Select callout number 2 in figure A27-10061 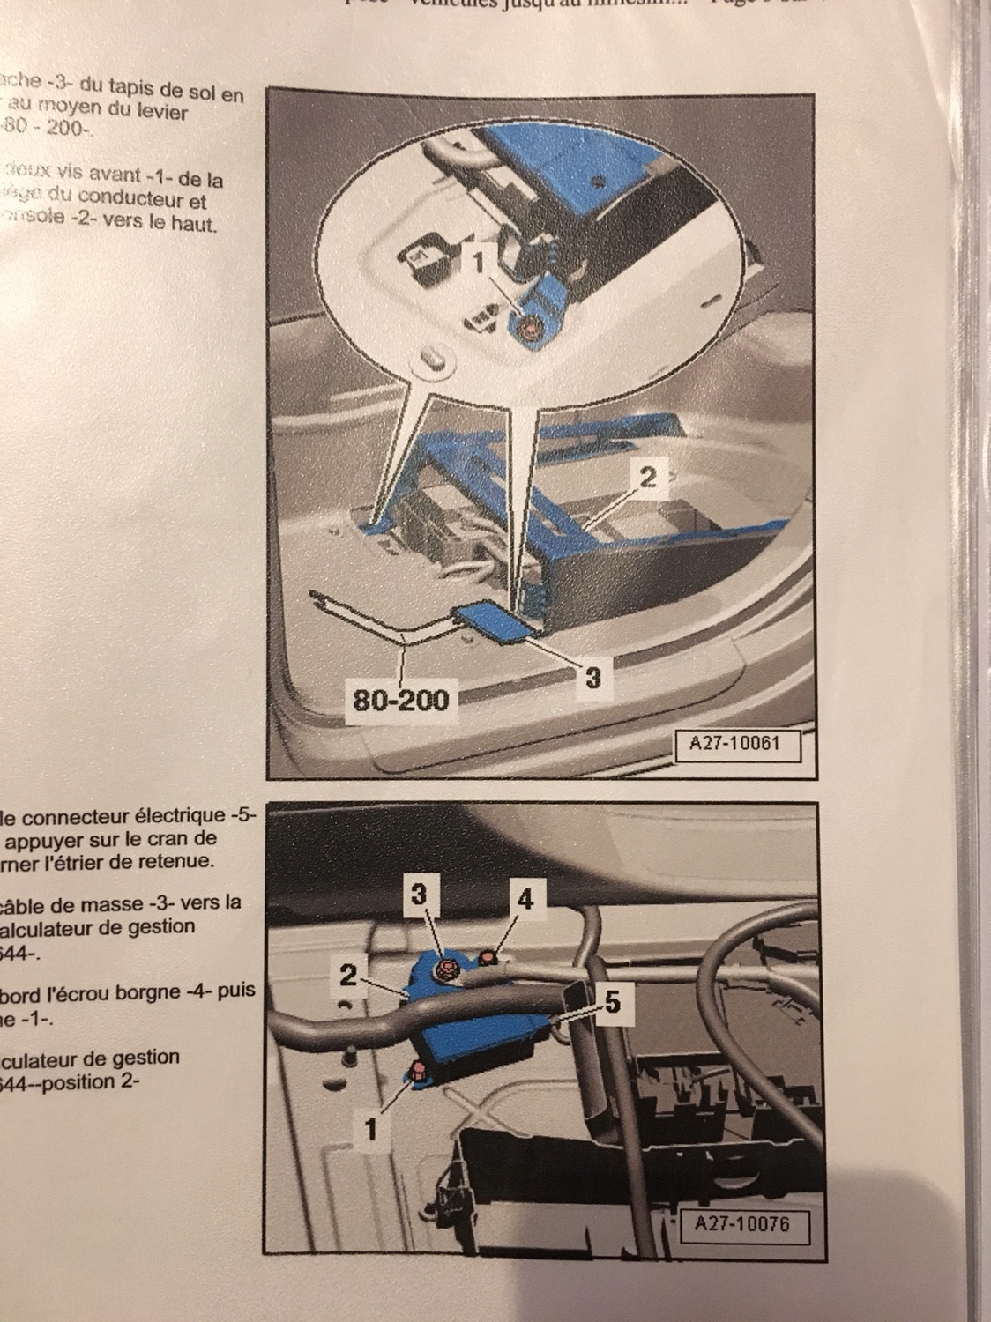pyautogui.click(x=647, y=479)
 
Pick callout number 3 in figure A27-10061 pyautogui.click(x=593, y=677)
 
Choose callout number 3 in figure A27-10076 pyautogui.click(x=421, y=893)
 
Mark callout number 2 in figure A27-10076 pyautogui.click(x=347, y=976)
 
